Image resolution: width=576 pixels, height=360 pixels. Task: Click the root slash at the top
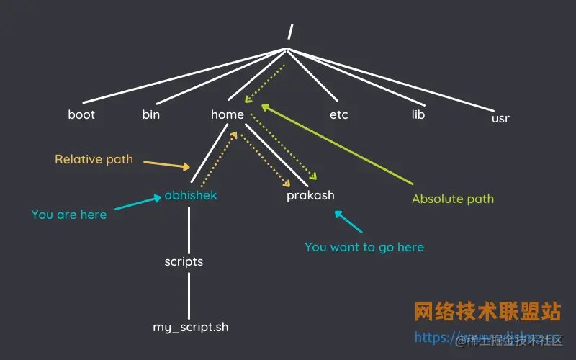(x=289, y=31)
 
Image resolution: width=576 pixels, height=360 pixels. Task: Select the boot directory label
(x=81, y=114)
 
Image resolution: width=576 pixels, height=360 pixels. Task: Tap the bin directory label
(x=151, y=114)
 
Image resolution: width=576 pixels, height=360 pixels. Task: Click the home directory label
(x=228, y=114)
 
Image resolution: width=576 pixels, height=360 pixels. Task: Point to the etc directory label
(x=338, y=114)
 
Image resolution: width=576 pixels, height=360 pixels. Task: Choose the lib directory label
(x=418, y=114)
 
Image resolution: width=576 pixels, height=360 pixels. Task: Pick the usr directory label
(x=500, y=118)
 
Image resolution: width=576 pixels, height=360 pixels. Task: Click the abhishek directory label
(x=190, y=195)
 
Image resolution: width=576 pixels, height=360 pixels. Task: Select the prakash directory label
(x=310, y=195)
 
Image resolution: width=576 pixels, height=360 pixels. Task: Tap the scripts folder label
(x=184, y=261)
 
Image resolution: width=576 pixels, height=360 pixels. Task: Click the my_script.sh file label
(x=190, y=327)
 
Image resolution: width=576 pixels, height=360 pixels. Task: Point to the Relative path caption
(x=94, y=159)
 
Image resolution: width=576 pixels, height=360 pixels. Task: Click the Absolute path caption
(x=453, y=199)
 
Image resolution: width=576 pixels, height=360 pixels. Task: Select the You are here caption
(x=69, y=215)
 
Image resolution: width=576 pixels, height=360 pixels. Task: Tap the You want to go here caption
(x=364, y=247)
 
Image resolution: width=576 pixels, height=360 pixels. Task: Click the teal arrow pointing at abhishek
(x=137, y=204)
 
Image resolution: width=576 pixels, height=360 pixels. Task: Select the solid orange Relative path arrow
(x=166, y=165)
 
